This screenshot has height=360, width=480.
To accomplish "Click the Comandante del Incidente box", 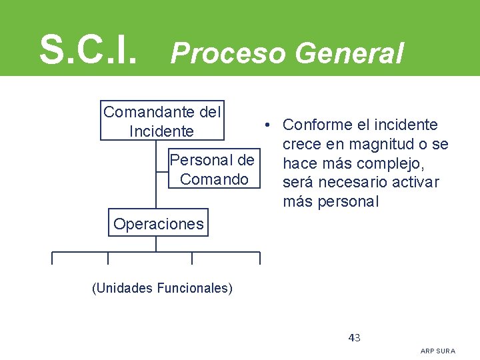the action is [x=162, y=121].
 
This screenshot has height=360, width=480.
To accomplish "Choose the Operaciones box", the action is [x=159, y=223].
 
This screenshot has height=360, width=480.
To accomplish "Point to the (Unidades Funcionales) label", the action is [x=162, y=289].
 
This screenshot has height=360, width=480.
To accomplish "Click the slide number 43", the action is [x=355, y=337].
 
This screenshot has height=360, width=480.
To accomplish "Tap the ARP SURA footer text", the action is [x=438, y=351].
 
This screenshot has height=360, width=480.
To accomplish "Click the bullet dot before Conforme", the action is [x=265, y=125].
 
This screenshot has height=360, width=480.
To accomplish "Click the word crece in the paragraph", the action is [x=302, y=144].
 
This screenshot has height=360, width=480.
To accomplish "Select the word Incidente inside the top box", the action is [x=162, y=131].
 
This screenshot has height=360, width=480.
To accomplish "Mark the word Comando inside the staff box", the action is [x=213, y=179].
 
